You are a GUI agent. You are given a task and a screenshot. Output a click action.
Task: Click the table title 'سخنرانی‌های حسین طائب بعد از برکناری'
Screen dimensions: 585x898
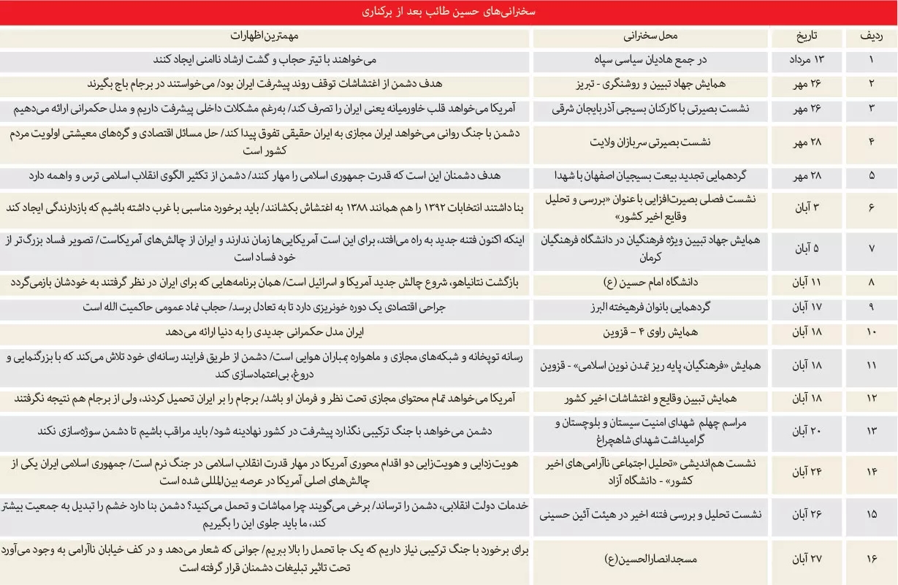[x=449, y=12]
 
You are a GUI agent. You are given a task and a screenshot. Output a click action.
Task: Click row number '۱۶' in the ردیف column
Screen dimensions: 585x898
[x=870, y=559]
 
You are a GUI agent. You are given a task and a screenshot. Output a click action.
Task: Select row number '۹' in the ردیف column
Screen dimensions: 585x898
[x=870, y=308]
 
